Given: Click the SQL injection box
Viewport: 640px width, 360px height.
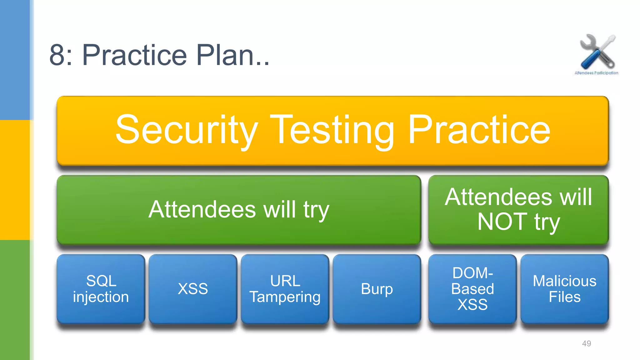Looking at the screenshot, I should (x=101, y=289).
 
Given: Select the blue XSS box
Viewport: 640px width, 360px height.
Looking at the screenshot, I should (x=193, y=289).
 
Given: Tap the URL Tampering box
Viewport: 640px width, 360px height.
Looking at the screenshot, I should (x=285, y=289).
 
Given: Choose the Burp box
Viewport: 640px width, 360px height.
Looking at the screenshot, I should (x=377, y=289).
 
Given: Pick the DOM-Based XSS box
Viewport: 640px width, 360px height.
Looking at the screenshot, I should (x=472, y=289).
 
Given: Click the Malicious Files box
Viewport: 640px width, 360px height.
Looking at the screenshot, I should (x=564, y=289).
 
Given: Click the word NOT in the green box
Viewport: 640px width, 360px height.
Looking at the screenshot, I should (x=502, y=222).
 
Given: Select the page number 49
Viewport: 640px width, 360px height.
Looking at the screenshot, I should (x=586, y=343).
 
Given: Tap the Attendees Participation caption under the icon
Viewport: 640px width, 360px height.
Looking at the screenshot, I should (x=596, y=73).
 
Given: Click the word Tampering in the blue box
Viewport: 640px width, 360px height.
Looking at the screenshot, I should (x=285, y=297).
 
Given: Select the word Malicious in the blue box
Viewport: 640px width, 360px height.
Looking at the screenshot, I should (x=564, y=281).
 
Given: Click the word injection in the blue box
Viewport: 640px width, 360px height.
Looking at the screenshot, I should (x=101, y=297).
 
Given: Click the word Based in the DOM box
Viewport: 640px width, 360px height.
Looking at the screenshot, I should (x=472, y=289).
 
